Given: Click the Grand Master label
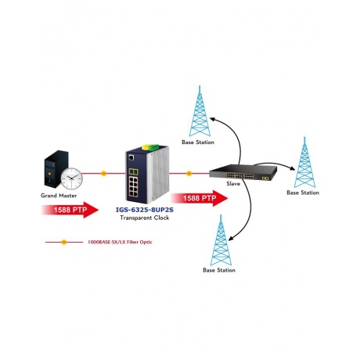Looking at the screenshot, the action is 59,196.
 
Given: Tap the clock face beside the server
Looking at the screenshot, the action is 71,178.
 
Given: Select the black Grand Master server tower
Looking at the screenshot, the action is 56,169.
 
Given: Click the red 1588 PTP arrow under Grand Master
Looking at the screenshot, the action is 70,210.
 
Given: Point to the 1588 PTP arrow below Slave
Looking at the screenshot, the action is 199,198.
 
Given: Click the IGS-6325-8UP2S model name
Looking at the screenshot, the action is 145,210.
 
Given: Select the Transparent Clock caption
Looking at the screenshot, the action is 145,218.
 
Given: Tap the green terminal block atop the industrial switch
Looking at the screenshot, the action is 154,147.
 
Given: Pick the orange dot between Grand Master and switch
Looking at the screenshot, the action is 103,173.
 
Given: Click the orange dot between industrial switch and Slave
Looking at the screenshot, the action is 189,173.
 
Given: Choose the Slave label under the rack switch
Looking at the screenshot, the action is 233,184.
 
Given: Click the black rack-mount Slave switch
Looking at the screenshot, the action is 243,172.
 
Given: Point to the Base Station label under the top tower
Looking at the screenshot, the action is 198,142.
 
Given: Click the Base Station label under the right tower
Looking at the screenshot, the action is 303,193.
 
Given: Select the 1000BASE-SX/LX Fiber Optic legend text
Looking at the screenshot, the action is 120,242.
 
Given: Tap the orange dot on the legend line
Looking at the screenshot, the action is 64,243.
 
